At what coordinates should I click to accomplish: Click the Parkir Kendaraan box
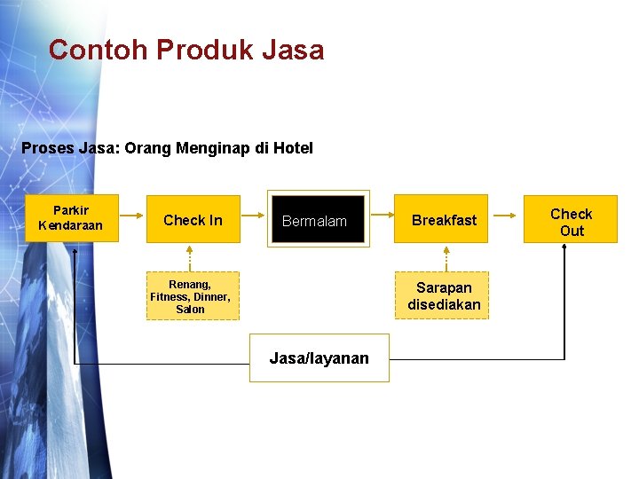71,218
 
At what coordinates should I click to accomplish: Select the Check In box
193,220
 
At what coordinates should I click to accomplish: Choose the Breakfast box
444,220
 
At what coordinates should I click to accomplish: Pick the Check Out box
571,221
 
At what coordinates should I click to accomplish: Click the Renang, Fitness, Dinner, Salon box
190,296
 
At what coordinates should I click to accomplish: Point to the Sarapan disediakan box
444,296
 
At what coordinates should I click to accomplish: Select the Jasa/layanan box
319,358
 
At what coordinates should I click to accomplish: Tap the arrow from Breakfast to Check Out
506,215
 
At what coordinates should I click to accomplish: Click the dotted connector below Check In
190,257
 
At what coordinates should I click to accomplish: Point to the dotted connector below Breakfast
445,257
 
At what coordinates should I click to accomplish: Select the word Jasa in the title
293,50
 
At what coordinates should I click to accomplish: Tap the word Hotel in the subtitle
293,148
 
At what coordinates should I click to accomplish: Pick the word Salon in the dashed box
190,310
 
